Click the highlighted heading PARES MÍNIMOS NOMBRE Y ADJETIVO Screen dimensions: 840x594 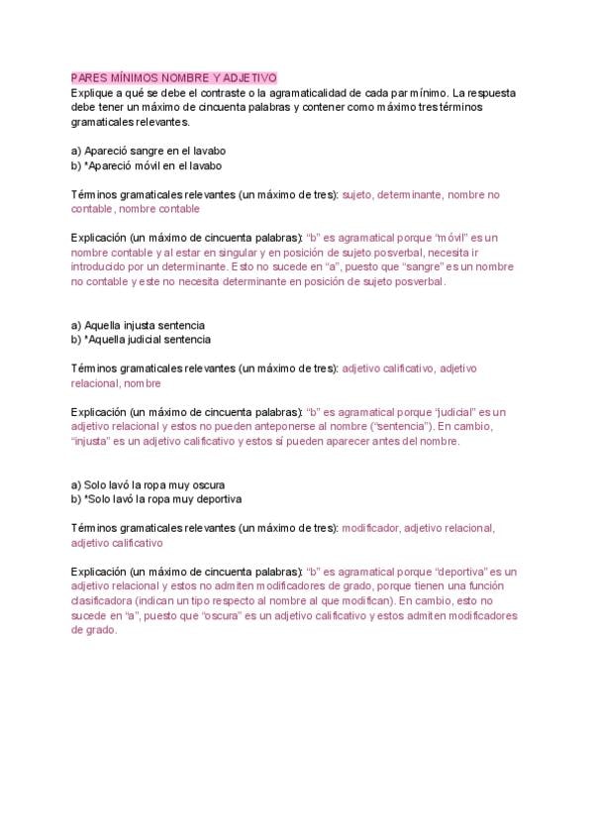(174, 77)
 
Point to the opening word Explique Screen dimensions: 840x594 (93, 92)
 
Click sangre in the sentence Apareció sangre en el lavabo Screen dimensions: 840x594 (145, 152)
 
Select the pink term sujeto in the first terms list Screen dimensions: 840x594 (356, 195)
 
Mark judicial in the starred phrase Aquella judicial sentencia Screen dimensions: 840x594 (148, 340)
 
